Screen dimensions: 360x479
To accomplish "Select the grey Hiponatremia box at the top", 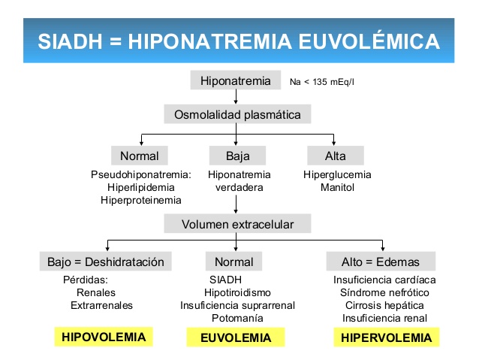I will pos(236,80).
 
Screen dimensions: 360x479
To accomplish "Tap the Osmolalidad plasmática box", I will pos(237,115).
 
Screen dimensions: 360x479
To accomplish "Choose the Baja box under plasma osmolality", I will pos(237,156).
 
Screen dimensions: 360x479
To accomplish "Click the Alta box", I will pos(336,156).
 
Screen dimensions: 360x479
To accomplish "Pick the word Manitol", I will pos(337,187).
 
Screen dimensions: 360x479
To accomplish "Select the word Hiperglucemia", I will pos(337,174).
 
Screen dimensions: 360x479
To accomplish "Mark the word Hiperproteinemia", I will pos(140,200).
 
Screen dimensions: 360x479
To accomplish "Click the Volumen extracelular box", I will pos(237,224).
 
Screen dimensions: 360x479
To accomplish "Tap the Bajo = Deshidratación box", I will pos(105,262).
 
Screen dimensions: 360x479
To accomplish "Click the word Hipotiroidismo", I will pos(237,292).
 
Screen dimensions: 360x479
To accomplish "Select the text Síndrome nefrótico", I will pos(384,292).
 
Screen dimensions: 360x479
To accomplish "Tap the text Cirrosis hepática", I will pos(384,305).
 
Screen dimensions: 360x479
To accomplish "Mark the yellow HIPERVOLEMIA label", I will pos(386,337).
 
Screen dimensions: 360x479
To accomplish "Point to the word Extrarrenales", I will pos(101,305).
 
